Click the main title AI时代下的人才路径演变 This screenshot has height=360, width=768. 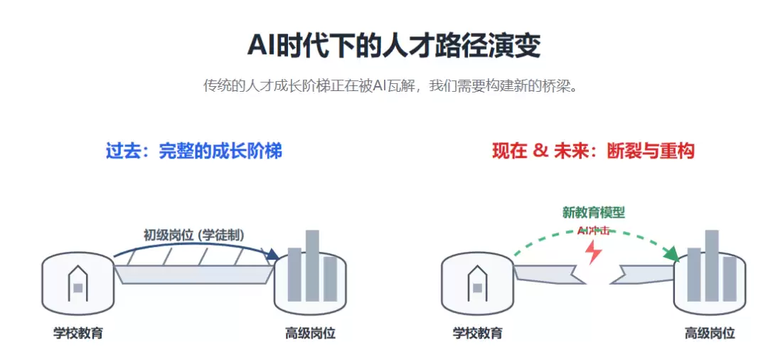393,46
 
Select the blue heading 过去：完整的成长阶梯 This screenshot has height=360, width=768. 193,151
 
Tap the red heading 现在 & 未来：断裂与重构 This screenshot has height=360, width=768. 592,151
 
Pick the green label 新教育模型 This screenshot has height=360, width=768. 593,212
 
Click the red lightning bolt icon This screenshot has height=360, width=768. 592,251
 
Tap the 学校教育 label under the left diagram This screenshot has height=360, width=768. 78,333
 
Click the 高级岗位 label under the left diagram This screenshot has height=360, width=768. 310,333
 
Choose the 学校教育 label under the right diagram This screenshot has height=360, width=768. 477,333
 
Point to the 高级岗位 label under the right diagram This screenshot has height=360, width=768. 709,333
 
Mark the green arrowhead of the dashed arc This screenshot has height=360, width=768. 670,254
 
